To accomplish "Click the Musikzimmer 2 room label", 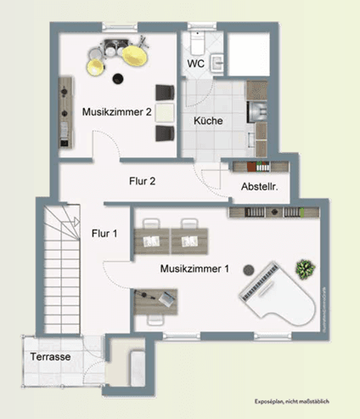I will (x=116, y=111).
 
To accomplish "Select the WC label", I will (x=194, y=64).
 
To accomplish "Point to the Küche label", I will (x=208, y=121).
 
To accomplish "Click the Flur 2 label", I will (x=141, y=180).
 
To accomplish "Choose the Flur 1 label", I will (x=104, y=231).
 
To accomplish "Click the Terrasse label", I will (x=51, y=357).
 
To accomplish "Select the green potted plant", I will (x=305, y=270).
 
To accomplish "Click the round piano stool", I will (x=248, y=268).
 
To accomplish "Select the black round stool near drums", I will (x=117, y=79).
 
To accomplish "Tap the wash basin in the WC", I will (x=217, y=61).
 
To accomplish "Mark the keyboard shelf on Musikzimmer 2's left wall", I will (x=65, y=111).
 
